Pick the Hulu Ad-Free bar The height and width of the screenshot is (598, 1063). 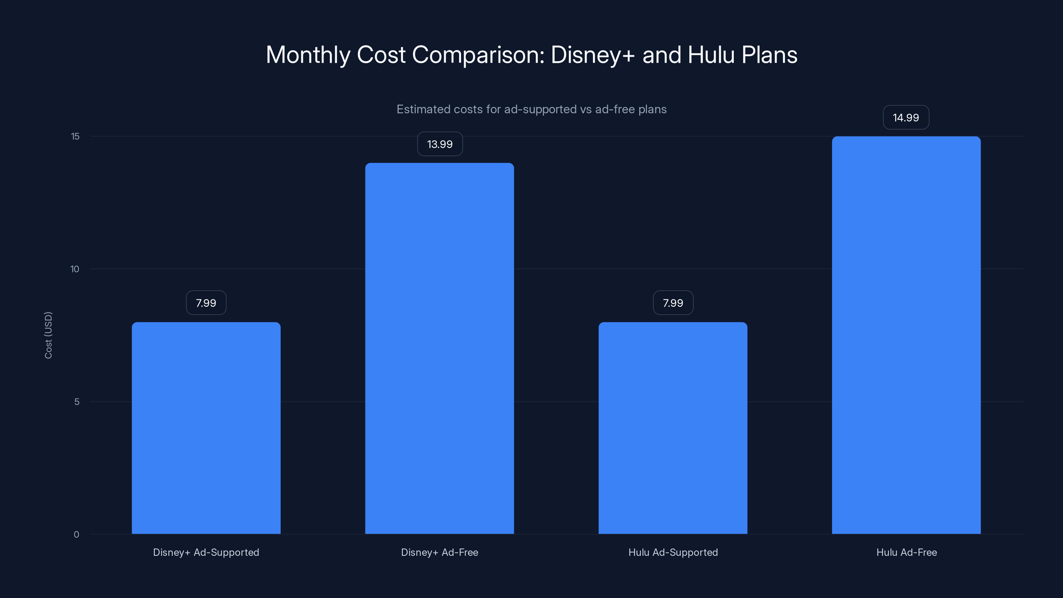(906, 335)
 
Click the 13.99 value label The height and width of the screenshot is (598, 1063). (440, 144)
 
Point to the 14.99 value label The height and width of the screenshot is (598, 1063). (906, 118)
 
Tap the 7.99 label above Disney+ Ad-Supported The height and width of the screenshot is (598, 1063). (206, 303)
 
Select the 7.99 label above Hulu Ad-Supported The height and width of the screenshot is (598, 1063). (673, 303)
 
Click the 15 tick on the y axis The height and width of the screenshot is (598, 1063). (75, 136)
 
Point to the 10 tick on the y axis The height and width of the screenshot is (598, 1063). (75, 269)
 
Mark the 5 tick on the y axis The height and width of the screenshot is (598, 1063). (77, 402)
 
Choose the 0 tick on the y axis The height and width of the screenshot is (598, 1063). (76, 535)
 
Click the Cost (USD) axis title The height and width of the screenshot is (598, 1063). (48, 335)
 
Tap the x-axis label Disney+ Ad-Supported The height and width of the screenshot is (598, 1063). (206, 552)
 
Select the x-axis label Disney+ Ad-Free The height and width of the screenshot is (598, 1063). (439, 552)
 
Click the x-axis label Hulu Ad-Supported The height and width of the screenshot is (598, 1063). (673, 552)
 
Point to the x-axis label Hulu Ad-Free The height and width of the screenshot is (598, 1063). (907, 552)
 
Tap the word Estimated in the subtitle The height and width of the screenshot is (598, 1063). (423, 109)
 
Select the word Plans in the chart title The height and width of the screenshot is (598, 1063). (769, 55)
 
